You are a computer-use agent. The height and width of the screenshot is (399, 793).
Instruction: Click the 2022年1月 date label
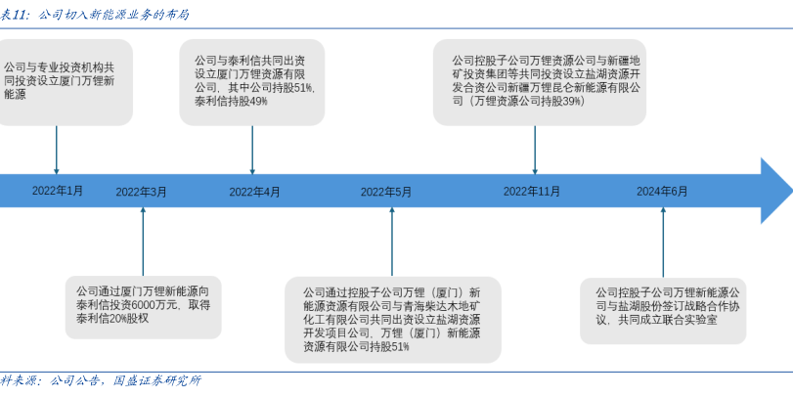[58, 190]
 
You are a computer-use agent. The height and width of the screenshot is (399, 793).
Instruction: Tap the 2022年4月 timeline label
[254, 192]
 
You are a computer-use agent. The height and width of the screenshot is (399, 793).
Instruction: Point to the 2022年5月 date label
[385, 192]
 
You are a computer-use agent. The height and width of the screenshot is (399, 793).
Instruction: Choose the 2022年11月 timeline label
[532, 192]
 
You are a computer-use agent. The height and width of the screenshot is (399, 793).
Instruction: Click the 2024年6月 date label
[662, 192]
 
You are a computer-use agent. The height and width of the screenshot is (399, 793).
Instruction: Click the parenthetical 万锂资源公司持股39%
[525, 101]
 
